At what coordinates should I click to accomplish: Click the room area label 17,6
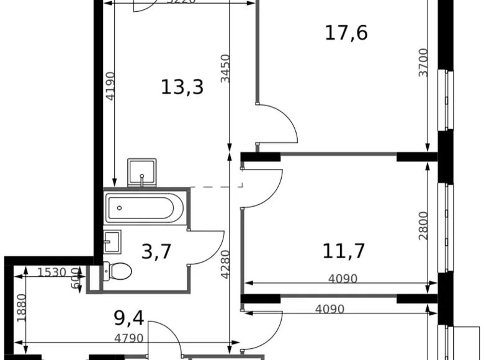point(346,33)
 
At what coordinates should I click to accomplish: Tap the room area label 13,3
point(182,88)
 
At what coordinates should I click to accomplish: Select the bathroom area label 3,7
point(156,252)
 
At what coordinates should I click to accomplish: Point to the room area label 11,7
point(343,251)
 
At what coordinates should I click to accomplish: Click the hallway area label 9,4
point(129,318)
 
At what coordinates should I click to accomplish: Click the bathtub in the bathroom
point(145,208)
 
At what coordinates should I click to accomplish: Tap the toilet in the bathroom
point(118,271)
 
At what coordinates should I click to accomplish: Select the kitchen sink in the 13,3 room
point(142,172)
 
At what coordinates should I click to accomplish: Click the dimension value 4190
point(110,86)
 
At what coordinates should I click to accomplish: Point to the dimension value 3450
point(226,69)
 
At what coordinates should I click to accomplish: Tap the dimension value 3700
point(423,63)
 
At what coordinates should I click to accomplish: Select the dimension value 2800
point(423,227)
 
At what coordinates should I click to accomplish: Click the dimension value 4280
point(226,263)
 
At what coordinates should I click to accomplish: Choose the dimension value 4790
point(128,339)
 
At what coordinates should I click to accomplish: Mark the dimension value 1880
point(22,307)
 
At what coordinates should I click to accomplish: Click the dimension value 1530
point(52,272)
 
